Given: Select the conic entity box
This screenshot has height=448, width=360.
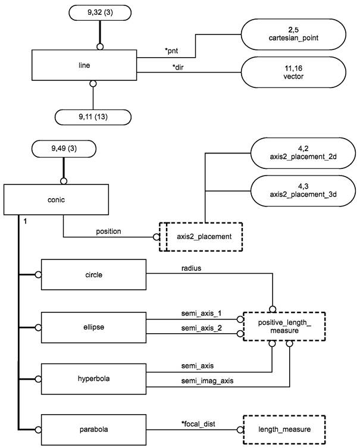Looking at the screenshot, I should coord(57,200).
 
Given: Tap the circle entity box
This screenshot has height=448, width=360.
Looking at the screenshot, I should coord(94,274).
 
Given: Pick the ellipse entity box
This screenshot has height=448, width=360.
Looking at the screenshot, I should coord(94,326).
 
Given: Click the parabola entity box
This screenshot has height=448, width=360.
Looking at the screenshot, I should coord(94,428).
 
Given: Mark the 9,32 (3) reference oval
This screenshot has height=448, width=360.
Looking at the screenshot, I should coord(100,12).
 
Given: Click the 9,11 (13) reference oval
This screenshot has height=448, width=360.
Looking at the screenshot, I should coord(92,117).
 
